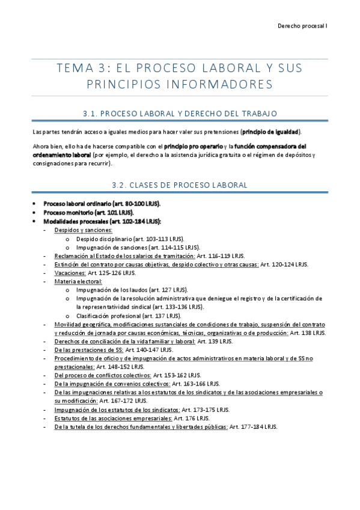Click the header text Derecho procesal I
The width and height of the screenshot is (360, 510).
pyautogui.click(x=302, y=26)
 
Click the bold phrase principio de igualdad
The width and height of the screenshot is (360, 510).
pyautogui.click(x=270, y=132)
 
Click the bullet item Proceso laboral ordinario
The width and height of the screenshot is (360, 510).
pyautogui.click(x=102, y=204)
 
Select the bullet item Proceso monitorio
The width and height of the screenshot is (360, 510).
pyautogui.click(x=88, y=212)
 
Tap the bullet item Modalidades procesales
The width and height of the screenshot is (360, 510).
pyautogui.click(x=102, y=221)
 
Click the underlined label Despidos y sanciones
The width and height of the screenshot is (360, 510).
pyautogui.click(x=83, y=230)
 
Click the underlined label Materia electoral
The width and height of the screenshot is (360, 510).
pyautogui.click(x=78, y=281)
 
